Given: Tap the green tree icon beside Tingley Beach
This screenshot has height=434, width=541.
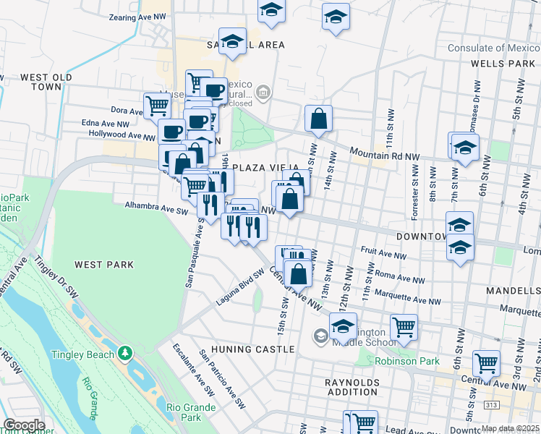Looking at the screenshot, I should [126, 353].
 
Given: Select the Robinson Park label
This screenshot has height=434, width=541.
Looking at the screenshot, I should [404, 360].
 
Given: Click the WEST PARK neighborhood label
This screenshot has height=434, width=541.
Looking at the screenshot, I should [104, 265].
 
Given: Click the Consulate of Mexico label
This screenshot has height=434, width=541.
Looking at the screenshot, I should [493, 48].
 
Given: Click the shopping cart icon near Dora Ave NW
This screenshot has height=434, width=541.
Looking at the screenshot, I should [156, 106].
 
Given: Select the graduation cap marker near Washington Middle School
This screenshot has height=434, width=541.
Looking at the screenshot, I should [344, 326].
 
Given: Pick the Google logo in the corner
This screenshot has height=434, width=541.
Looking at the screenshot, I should [23, 426].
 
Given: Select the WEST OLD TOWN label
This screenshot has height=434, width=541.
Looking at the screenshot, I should [46, 82].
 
